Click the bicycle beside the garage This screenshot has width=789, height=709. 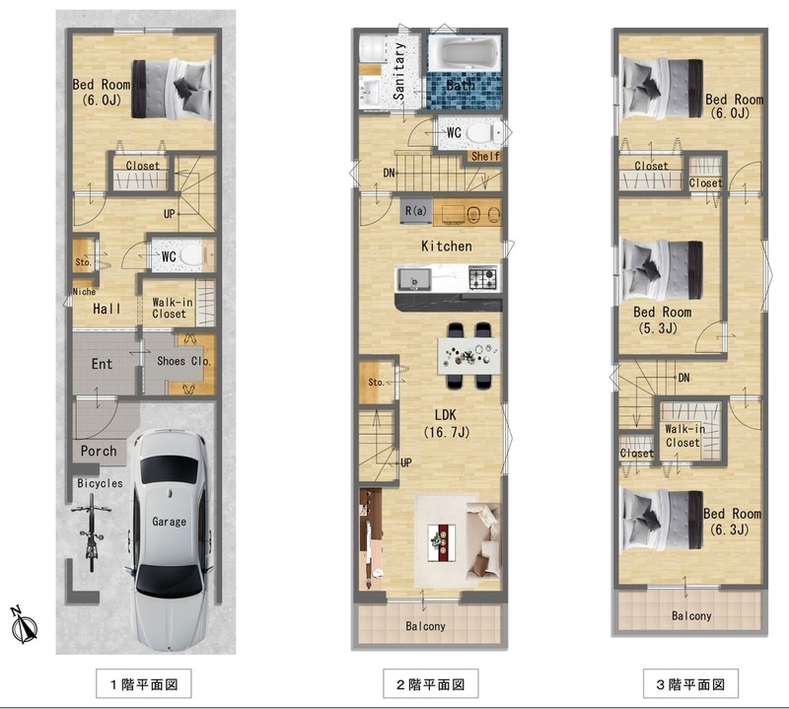tap(91, 532)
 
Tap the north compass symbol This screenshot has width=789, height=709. tap(23, 625)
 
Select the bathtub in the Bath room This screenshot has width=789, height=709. tap(465, 53)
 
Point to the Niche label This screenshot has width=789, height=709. tap(84, 292)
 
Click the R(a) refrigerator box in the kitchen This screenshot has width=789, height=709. tap(415, 211)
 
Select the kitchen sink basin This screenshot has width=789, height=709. tap(413, 279)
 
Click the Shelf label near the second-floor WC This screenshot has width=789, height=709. tap(485, 157)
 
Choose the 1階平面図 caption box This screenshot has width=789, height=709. tap(143, 683)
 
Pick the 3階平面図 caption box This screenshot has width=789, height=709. tap(690, 683)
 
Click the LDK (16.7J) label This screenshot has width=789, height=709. tap(446, 423)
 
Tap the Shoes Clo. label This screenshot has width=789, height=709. tap(183, 361)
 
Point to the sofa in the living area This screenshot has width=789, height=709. tap(483, 541)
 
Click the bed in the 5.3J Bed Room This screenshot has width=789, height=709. tap(662, 270)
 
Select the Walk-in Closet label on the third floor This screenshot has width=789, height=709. tap(683, 436)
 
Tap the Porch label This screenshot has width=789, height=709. tap(99, 451)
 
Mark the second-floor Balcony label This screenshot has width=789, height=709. tap(426, 626)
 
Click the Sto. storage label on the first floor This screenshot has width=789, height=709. tap(84, 262)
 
